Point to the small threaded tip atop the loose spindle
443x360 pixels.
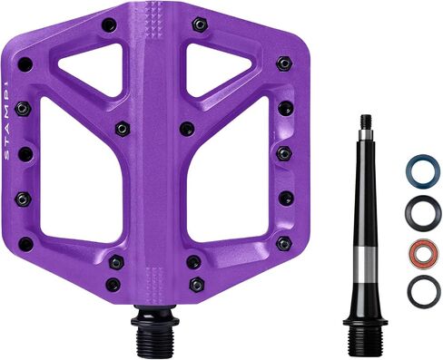366,122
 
